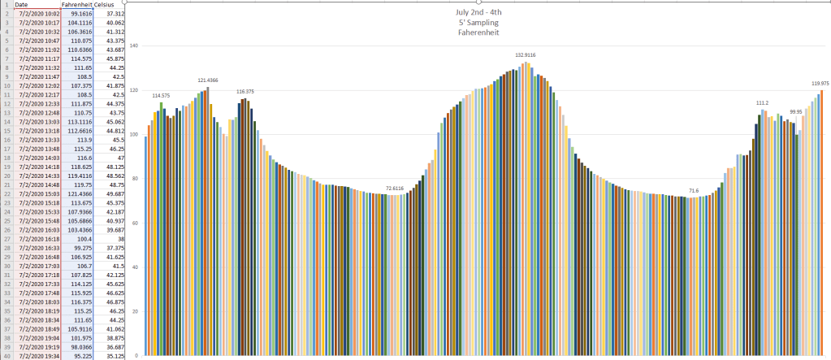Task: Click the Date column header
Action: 21,4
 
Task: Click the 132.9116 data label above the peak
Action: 526,54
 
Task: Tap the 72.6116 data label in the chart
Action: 394,189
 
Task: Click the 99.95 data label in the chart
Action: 795,112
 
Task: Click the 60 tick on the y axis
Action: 136,223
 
